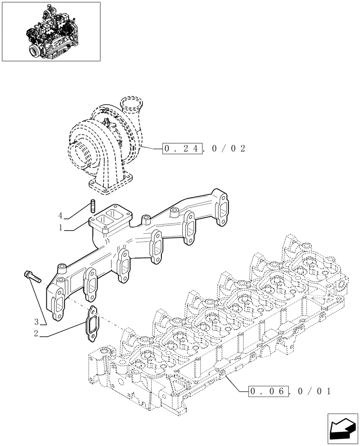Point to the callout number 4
(x=60, y=216)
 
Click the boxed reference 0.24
(x=183, y=149)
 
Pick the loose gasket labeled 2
(x=92, y=324)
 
